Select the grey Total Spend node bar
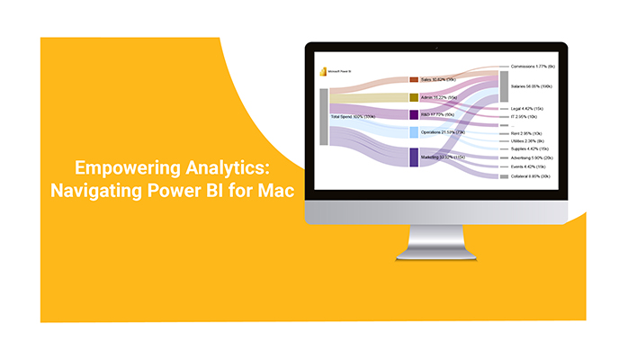pyautogui.click(x=324, y=116)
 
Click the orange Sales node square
pyautogui.click(x=414, y=80)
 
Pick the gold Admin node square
pyautogui.click(x=414, y=97)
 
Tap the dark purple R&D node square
pyautogui.click(x=414, y=115)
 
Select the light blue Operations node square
pyautogui.click(x=414, y=132)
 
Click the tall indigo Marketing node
pyautogui.click(x=414, y=157)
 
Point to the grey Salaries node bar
pyautogui.click(x=504, y=86)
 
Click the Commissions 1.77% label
pyautogui.click(x=534, y=67)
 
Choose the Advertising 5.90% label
pyautogui.click(x=534, y=157)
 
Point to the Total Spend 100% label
pyautogui.click(x=353, y=117)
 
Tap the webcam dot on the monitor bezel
pyautogui.click(x=435, y=47)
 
